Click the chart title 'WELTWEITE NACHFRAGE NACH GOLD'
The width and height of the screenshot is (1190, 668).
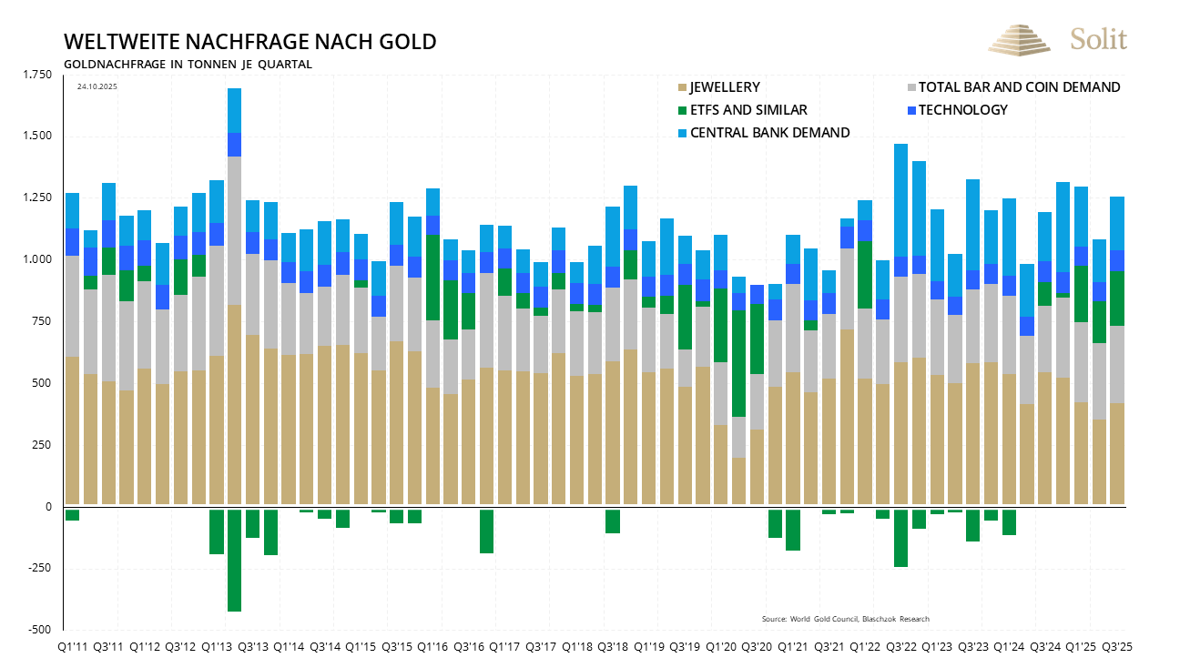click(x=249, y=42)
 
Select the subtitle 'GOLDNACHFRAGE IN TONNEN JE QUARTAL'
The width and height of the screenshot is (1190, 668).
click(x=188, y=65)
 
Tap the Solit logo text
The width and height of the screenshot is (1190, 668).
click(x=1098, y=39)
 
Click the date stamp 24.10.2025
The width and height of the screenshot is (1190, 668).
click(x=97, y=86)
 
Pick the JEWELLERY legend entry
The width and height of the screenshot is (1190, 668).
click(x=724, y=87)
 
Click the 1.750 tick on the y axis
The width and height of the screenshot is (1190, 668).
click(x=37, y=75)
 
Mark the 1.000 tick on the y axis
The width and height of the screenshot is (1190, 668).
click(x=37, y=259)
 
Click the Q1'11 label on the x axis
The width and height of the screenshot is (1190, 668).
click(x=73, y=646)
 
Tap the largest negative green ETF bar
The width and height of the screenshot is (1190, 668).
click(x=234, y=560)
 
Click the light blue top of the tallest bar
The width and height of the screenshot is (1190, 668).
click(x=234, y=110)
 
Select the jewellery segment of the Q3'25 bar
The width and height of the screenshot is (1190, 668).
click(x=1116, y=453)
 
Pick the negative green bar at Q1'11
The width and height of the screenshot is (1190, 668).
click(x=72, y=514)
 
